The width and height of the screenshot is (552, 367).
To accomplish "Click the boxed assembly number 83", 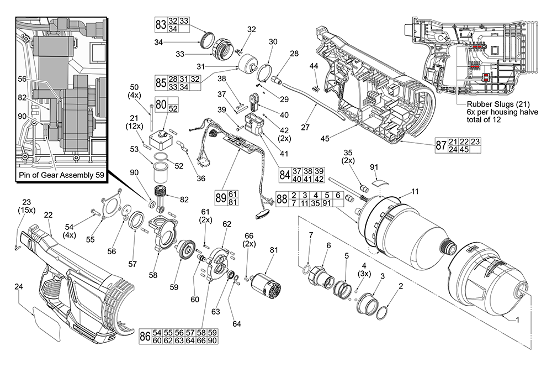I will click(161, 24).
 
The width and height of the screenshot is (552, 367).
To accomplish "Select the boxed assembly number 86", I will click(145, 337).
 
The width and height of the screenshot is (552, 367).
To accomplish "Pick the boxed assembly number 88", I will click(282, 199).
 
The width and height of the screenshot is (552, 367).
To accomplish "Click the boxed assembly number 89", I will click(220, 197).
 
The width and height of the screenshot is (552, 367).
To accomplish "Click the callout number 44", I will click(314, 66).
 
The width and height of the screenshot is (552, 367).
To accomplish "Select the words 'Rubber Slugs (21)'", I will click(492, 104).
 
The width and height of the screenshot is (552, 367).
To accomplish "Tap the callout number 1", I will click(517, 319).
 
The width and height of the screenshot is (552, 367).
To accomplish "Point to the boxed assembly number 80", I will click(161, 104).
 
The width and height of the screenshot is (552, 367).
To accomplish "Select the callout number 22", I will click(48, 215).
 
